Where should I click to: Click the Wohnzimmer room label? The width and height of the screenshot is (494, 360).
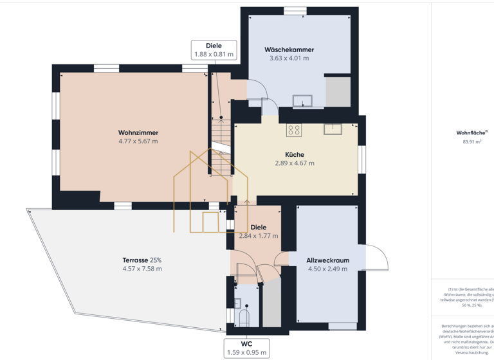pyautogui.click(x=138, y=132)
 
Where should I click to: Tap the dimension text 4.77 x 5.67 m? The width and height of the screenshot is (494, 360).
pyautogui.click(x=138, y=141)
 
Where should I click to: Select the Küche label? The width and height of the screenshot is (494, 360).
pyautogui.click(x=295, y=154)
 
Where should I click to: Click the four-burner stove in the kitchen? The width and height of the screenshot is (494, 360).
pyautogui.click(x=294, y=130)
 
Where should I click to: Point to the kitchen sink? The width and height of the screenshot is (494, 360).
pyautogui.click(x=333, y=129)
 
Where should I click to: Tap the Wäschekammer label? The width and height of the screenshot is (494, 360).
pyautogui.click(x=289, y=50)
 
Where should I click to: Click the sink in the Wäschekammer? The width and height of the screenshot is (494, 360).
pyautogui.click(x=302, y=100)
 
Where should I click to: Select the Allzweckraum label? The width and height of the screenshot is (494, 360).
pyautogui.click(x=328, y=260)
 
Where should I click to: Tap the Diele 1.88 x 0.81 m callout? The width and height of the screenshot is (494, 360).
pyautogui.click(x=214, y=50)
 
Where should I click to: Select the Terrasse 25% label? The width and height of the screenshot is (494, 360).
pyautogui.click(x=142, y=260)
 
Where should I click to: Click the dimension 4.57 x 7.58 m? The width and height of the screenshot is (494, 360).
pyautogui.click(x=142, y=269)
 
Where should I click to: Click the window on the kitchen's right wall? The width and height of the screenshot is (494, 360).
pyautogui.click(x=362, y=159)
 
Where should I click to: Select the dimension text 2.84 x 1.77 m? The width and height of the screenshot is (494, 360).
pyautogui.click(x=259, y=236)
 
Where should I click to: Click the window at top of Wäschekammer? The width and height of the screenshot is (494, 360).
pyautogui.click(x=295, y=10)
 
